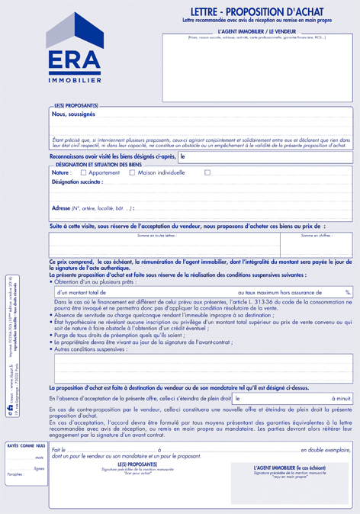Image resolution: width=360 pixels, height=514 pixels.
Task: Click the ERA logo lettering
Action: [x=74, y=61]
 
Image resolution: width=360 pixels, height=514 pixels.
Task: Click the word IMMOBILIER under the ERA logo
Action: [x=74, y=80]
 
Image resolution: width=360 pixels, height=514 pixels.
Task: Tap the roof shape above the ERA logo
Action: [x=74, y=31]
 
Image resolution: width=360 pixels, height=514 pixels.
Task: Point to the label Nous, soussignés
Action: [x=73, y=114]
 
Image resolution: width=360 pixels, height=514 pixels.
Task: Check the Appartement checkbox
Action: [x=83, y=172]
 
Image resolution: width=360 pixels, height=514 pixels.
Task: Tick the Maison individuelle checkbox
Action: [x=132, y=172]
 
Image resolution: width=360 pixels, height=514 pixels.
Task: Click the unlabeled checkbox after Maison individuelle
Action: [x=207, y=172]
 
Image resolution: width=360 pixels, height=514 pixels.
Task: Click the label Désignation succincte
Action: [x=76, y=182]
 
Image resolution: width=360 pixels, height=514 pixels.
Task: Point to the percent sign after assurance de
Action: [x=347, y=292]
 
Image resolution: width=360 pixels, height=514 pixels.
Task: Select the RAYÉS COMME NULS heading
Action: [x=26, y=445]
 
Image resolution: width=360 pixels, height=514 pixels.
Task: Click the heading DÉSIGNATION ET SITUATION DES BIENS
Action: [x=98, y=165]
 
